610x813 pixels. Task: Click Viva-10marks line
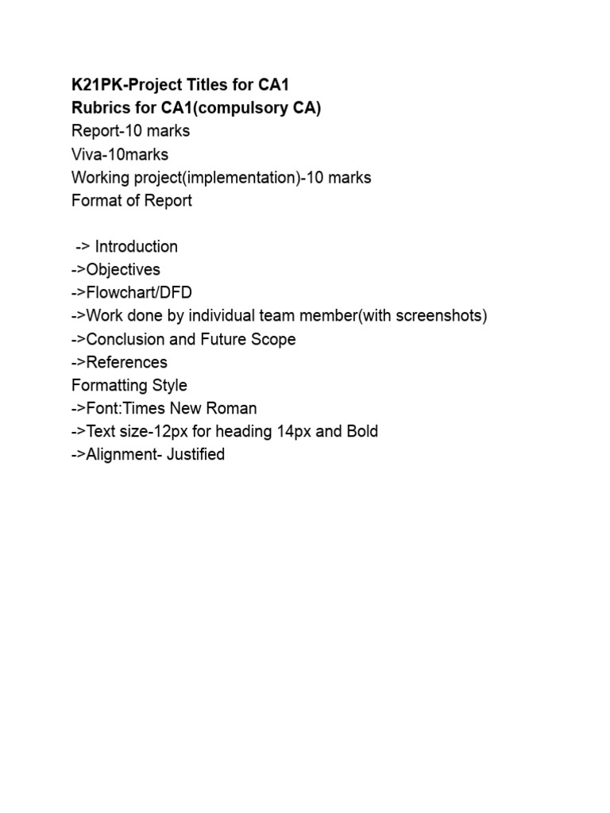(120, 154)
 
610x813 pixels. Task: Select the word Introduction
(137, 246)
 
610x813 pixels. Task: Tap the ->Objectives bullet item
(116, 269)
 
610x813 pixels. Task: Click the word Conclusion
(125, 339)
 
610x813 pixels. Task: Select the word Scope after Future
(274, 339)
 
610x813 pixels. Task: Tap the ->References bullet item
(119, 362)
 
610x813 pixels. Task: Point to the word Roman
(234, 408)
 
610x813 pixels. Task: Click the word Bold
(359, 432)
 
